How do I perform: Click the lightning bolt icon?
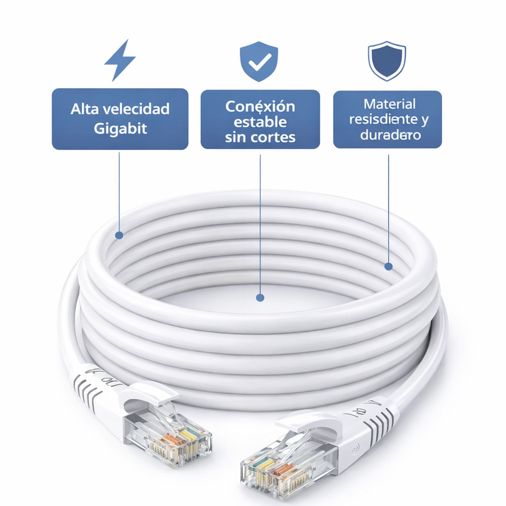coord(120,60)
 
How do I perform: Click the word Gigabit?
coord(120,128)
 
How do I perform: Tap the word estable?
coord(260,122)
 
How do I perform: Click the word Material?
coord(390,104)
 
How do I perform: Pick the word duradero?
coord(390,135)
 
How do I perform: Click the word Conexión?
coord(260,106)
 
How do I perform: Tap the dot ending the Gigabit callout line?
coord(119,235)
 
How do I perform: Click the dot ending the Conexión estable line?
coord(260,297)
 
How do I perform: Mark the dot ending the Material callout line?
coord(388,266)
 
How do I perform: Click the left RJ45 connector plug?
coord(169,439)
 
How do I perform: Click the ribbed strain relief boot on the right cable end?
coord(371,420)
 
